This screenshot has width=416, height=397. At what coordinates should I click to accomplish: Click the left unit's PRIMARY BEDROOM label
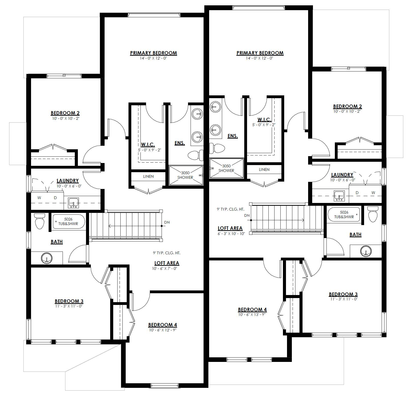[x=153, y=53]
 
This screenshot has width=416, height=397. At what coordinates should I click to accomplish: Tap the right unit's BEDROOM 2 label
[x=347, y=106]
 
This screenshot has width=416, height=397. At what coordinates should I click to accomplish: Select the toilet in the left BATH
[x=39, y=221]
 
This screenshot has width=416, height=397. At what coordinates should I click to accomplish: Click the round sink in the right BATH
[x=366, y=251]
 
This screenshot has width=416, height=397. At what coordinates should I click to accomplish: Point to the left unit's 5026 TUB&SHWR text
[x=69, y=221]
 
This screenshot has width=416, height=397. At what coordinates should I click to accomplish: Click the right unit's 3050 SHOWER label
[x=226, y=168]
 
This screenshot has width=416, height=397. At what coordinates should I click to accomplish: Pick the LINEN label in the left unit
[x=148, y=176]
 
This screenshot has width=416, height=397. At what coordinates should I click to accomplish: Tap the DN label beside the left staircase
[x=167, y=222]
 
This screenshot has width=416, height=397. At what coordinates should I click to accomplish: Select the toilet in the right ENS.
[x=217, y=148]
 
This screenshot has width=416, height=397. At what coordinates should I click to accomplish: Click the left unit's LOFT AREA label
[x=167, y=263]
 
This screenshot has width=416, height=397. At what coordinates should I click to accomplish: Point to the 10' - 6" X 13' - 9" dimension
[x=252, y=314]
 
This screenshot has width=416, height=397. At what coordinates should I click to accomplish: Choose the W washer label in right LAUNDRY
[x=373, y=193]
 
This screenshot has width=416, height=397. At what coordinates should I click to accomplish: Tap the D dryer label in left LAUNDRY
[x=55, y=198]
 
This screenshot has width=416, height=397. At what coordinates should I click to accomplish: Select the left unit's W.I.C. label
[x=148, y=144]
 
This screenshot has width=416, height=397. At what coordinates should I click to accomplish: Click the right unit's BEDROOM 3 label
[x=343, y=294]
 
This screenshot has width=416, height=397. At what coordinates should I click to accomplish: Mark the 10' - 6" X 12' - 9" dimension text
[x=163, y=330]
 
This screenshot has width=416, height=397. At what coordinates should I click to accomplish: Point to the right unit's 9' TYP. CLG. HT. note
[x=231, y=209]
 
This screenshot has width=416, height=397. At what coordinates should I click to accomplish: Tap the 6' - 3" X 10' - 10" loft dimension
[x=231, y=233]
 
